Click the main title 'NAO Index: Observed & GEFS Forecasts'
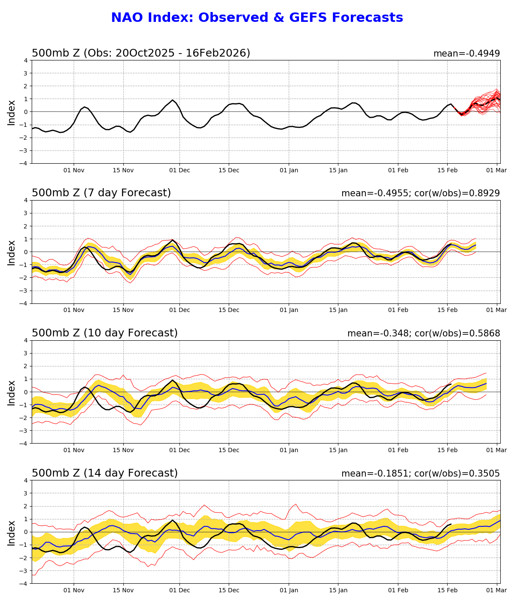[257, 18]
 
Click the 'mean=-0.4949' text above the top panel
[466, 54]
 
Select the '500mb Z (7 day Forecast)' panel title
[102, 193]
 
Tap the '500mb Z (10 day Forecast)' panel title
[105, 333]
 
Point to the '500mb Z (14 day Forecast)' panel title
[105, 473]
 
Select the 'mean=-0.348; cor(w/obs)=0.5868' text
[424, 333]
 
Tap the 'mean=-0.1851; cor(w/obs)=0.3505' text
[421, 474]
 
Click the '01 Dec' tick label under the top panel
[179, 170]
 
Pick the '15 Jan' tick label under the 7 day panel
[338, 310]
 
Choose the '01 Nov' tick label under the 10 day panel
[74, 450]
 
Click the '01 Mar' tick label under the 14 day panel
[497, 591]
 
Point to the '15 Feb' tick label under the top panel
[448, 170]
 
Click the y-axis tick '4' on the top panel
[26, 60]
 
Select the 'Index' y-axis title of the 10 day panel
[12, 392]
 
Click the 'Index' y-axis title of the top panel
[12, 112]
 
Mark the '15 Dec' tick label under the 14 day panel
[229, 591]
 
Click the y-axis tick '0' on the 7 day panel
[26, 252]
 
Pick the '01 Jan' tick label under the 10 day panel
[289, 450]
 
